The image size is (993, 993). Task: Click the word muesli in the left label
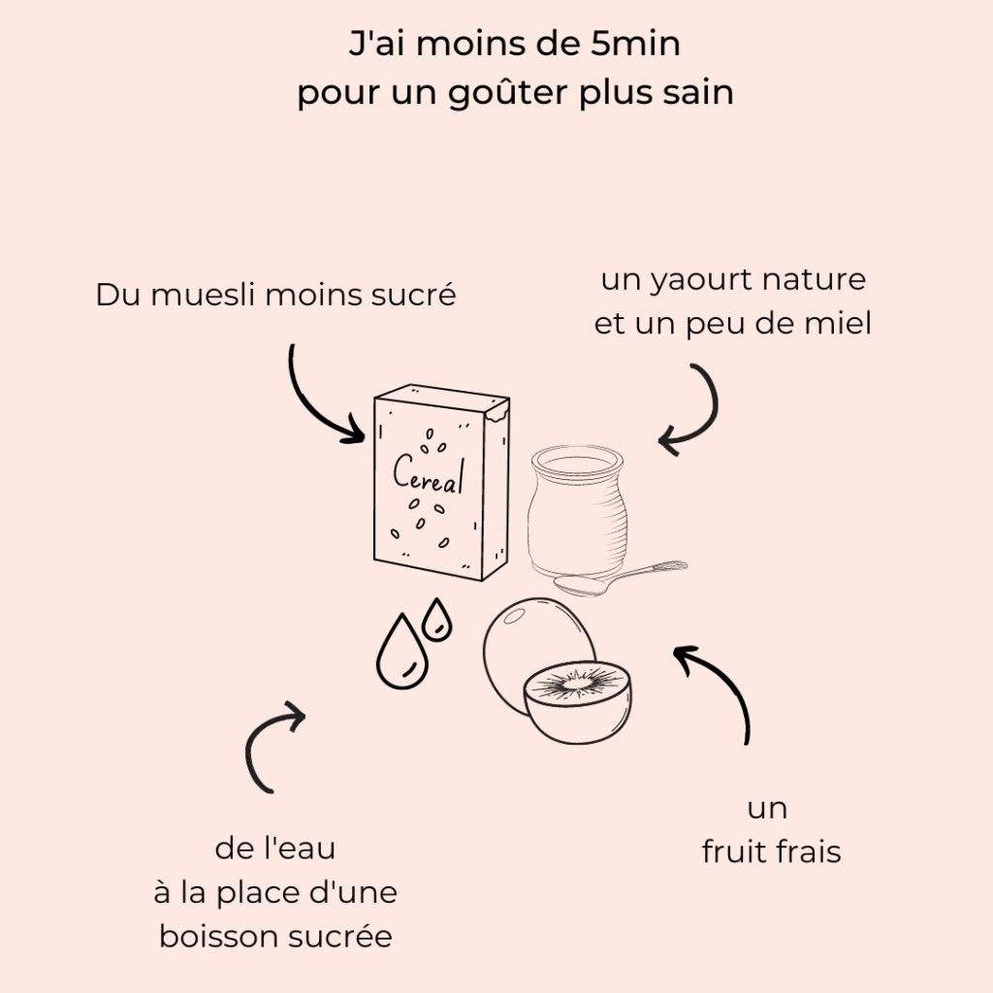[205, 295]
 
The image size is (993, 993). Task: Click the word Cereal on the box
[429, 474]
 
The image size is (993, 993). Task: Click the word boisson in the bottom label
[220, 937]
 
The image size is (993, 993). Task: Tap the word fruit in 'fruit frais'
[734, 851]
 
